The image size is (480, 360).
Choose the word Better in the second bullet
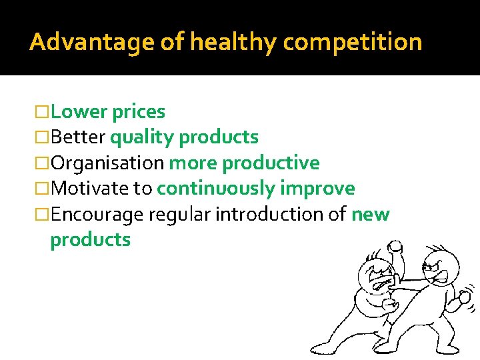pos(77,137)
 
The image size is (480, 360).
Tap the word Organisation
pos(107,163)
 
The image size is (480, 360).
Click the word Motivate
pos(90,188)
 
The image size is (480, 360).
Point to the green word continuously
pos(215,188)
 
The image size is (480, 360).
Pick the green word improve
pos(317,188)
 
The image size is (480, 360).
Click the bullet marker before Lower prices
pos(43,112)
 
